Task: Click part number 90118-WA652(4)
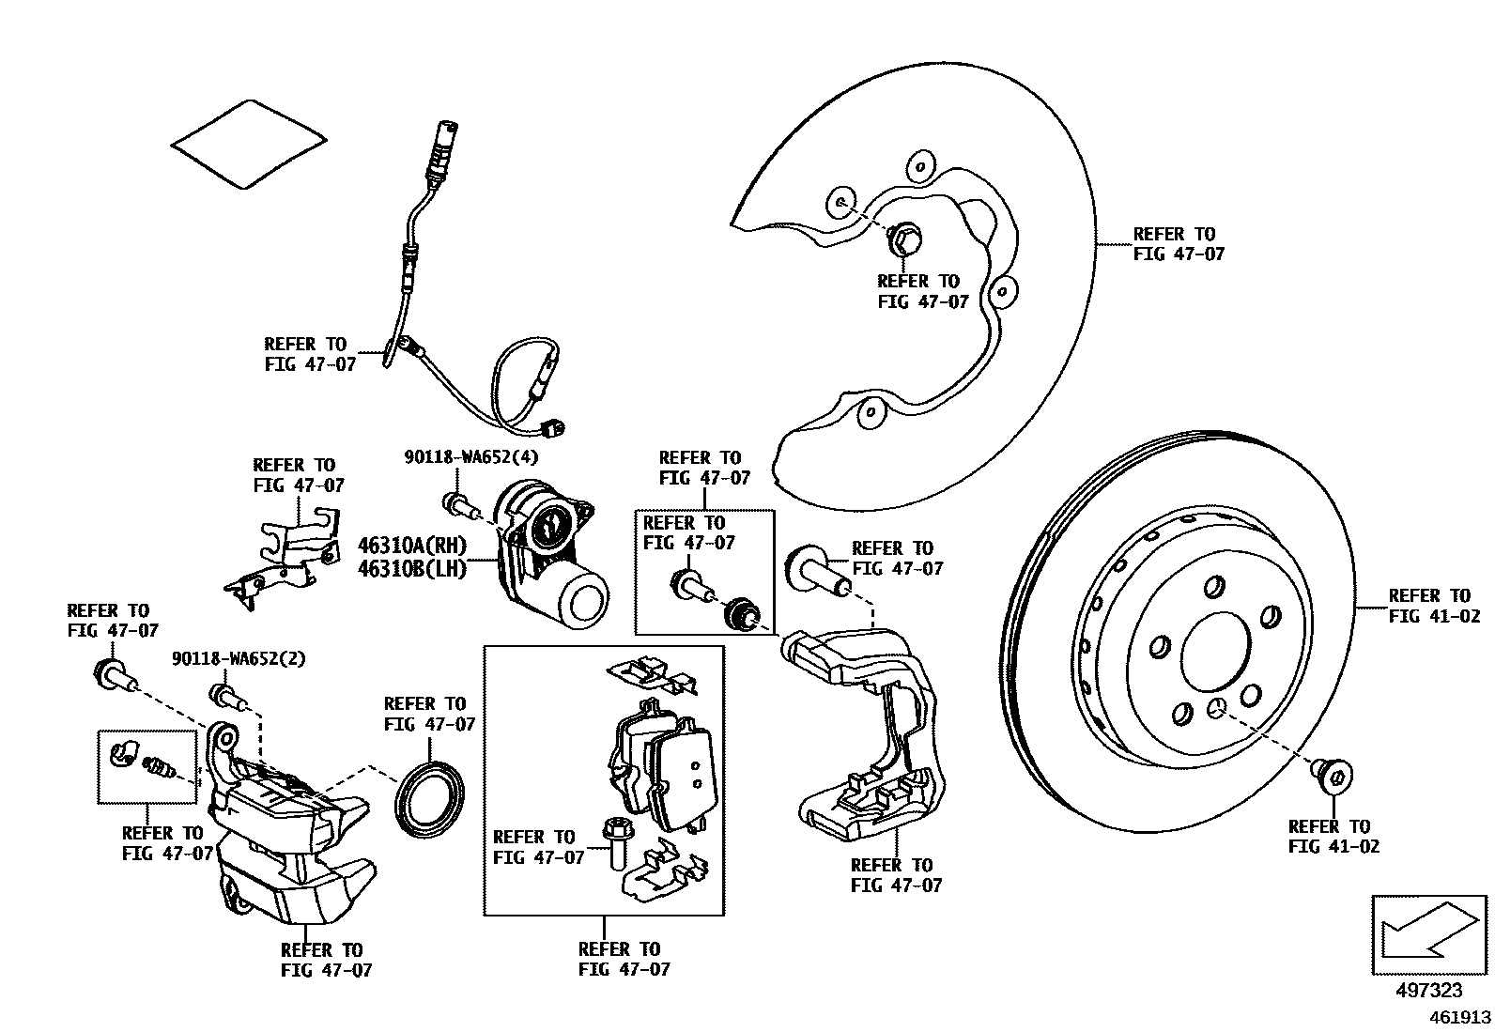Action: pyautogui.click(x=470, y=457)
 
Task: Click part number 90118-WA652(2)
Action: pyautogui.click(x=239, y=659)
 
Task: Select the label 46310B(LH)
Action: pyautogui.click(x=411, y=569)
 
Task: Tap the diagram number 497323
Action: pyautogui.click(x=1430, y=991)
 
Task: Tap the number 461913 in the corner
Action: pyautogui.click(x=1460, y=1017)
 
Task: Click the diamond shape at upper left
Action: pyautogui.click(x=249, y=144)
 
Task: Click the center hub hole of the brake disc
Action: pyautogui.click(x=1216, y=654)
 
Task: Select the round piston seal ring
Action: pyautogui.click(x=430, y=797)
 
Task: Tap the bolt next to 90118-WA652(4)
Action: pyautogui.click(x=458, y=505)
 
